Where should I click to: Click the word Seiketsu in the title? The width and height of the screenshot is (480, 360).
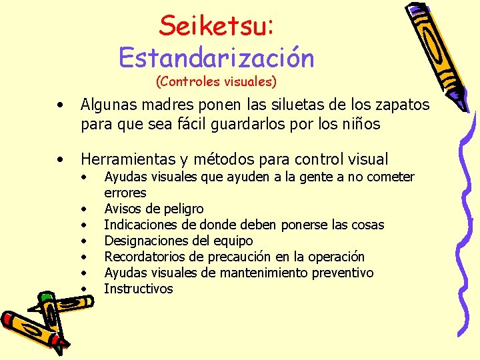[x=214, y=26]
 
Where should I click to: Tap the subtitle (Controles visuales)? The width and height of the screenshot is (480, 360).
[x=216, y=82]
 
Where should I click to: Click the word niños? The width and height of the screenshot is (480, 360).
[x=359, y=123]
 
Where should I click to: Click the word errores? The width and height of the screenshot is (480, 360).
[x=125, y=193]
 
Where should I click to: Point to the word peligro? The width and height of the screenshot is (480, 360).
[x=181, y=209]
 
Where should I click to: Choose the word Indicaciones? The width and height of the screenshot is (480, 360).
[x=141, y=225]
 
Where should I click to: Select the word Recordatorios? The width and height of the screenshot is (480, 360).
[x=145, y=257]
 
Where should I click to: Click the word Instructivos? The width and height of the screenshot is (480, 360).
[x=138, y=289]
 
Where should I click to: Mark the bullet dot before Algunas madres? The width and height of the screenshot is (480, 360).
[x=61, y=105]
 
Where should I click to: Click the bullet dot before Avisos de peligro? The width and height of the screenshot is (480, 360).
[x=84, y=209]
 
